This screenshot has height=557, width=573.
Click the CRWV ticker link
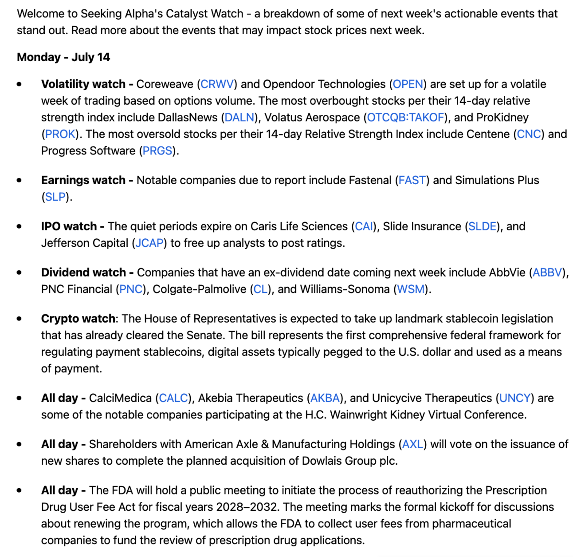[217, 84]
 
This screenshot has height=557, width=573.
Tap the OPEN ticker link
[408, 84]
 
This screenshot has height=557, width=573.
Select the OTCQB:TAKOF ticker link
[405, 118]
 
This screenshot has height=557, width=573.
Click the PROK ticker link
[60, 134]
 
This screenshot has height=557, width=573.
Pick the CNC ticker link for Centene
[529, 134]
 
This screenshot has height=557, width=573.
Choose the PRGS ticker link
[157, 151]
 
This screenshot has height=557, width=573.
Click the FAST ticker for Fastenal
[412, 180]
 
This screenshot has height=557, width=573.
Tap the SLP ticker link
[55, 197]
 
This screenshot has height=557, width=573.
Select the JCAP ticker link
[149, 243]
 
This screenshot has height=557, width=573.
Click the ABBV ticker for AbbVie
[547, 273]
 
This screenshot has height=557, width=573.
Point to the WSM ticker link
[411, 289]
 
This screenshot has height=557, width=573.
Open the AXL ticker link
[412, 444]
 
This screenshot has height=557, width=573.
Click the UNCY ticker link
[514, 398]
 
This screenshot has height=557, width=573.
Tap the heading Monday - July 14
[63, 57]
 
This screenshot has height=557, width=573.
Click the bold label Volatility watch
[83, 84]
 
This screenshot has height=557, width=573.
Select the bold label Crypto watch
[78, 319]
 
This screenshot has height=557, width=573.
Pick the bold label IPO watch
[69, 226]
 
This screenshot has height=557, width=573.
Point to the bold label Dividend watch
[83, 273]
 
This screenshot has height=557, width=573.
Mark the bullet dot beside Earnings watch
[19, 180]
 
